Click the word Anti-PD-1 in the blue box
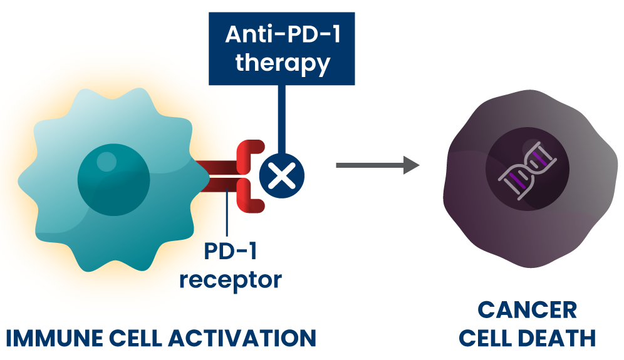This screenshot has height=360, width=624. tap(283, 34)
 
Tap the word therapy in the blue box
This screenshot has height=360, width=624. tap(283, 63)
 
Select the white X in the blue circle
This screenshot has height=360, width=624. tap(282, 175)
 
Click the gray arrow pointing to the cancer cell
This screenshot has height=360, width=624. tap(377, 165)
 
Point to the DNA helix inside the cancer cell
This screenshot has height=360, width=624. tap(528, 170)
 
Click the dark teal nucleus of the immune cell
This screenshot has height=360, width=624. tap(114, 180)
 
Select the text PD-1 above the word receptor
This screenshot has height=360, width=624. tap(231, 252)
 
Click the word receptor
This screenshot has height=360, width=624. tap(231, 280)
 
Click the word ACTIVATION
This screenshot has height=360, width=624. tap(242, 339)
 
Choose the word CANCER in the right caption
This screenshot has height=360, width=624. tap(528, 311)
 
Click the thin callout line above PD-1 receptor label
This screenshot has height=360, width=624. tap(227, 212)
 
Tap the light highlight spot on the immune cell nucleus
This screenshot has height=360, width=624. tap(107, 162)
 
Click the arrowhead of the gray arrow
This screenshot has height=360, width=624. tap(412, 165)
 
